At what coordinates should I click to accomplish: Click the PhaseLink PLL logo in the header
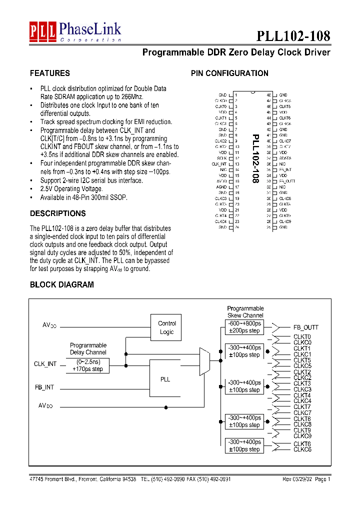tap(75, 31)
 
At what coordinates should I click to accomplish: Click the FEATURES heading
tap(49, 73)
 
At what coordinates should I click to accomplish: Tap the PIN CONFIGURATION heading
tap(229, 73)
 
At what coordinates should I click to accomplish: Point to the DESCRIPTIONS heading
tap(57, 213)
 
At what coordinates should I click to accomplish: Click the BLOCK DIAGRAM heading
tap(61, 284)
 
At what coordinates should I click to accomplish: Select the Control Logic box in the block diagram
tap(166, 327)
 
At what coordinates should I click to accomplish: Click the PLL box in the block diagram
tap(165, 379)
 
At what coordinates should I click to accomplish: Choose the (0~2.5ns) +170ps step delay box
tap(87, 365)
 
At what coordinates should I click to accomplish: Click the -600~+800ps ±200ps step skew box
tap(244, 327)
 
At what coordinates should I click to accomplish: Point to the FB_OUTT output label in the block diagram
tap(305, 327)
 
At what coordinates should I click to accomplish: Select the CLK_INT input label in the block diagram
tap(45, 364)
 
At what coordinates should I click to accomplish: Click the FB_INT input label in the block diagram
tap(44, 387)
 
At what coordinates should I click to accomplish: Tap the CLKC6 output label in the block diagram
tap(302, 449)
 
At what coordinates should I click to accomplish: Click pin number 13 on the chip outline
tap(236, 163)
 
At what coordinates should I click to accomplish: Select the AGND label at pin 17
tap(221, 187)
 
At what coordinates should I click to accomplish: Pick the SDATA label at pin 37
tap(285, 158)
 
